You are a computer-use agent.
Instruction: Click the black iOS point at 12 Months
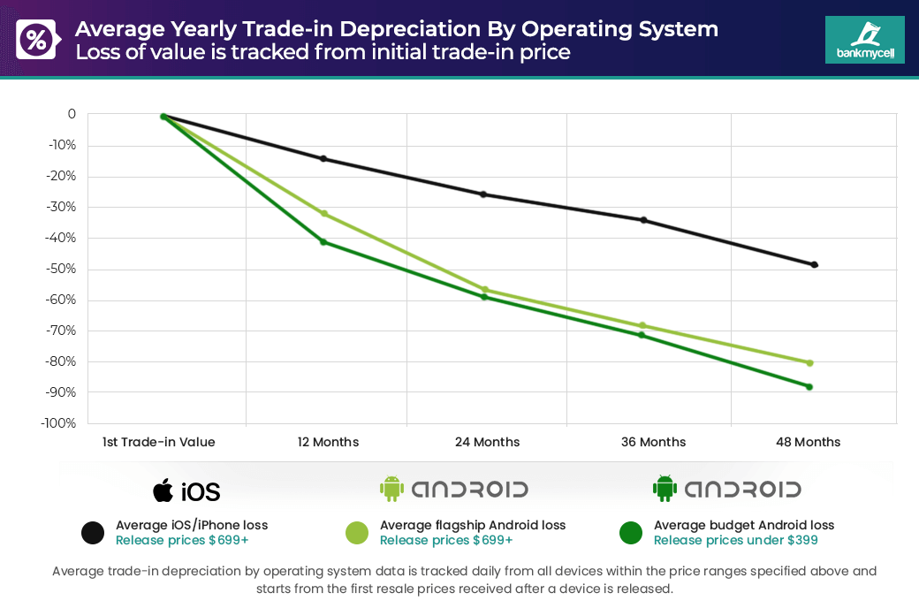[323, 159]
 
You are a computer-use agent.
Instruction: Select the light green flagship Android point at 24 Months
[484, 290]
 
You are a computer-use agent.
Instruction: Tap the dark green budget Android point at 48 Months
[809, 387]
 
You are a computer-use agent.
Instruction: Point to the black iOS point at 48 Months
[814, 265]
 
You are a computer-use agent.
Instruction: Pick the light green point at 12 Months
[323, 214]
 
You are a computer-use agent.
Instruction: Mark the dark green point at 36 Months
[642, 335]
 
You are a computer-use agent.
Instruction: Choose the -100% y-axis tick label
[58, 423]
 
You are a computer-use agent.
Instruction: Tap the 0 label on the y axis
[72, 114]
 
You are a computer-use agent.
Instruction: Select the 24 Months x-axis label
[487, 442]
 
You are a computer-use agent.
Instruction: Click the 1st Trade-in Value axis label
[158, 442]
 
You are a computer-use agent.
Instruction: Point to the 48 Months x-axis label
[808, 442]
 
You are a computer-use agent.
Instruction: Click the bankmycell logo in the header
[864, 40]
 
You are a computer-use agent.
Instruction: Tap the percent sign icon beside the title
[36, 40]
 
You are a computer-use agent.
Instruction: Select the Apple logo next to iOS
[163, 490]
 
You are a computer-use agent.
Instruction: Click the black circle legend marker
[93, 532]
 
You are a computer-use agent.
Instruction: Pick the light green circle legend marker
[357, 532]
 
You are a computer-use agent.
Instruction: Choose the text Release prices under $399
[735, 541]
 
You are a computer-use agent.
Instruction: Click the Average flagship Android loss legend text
[473, 525]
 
